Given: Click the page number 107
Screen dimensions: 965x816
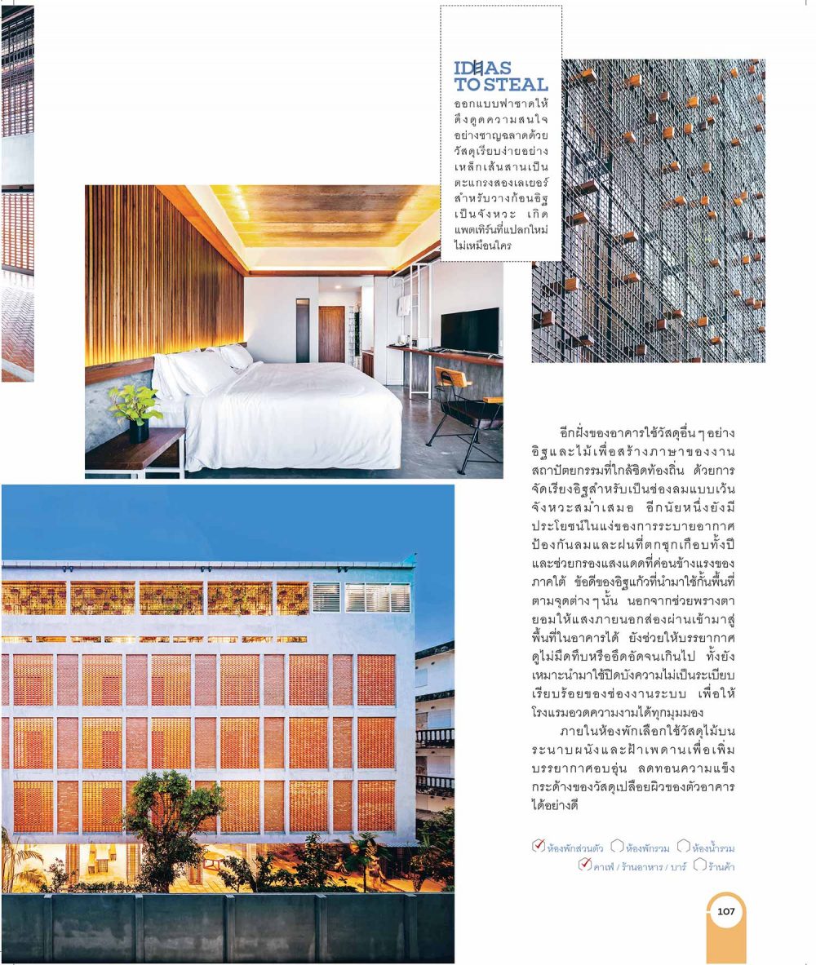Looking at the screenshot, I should coord(725,911).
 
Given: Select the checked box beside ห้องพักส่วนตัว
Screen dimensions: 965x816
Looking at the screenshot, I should coord(538,846).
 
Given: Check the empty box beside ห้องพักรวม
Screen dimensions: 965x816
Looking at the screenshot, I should coord(617,847).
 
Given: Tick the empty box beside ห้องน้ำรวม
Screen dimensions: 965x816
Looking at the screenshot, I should coord(683,847).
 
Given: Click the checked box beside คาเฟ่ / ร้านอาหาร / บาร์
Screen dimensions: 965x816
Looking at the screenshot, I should coord(584,865).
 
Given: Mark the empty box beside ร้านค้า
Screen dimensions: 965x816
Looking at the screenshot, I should coord(698,865).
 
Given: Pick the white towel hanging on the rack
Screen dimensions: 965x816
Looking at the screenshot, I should coord(403,306).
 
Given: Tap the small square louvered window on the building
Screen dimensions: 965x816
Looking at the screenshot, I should coord(326,597).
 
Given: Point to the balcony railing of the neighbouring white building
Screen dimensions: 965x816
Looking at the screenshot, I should coord(434,737).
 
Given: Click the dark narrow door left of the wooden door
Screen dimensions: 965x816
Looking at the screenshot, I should coord(303,330).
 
